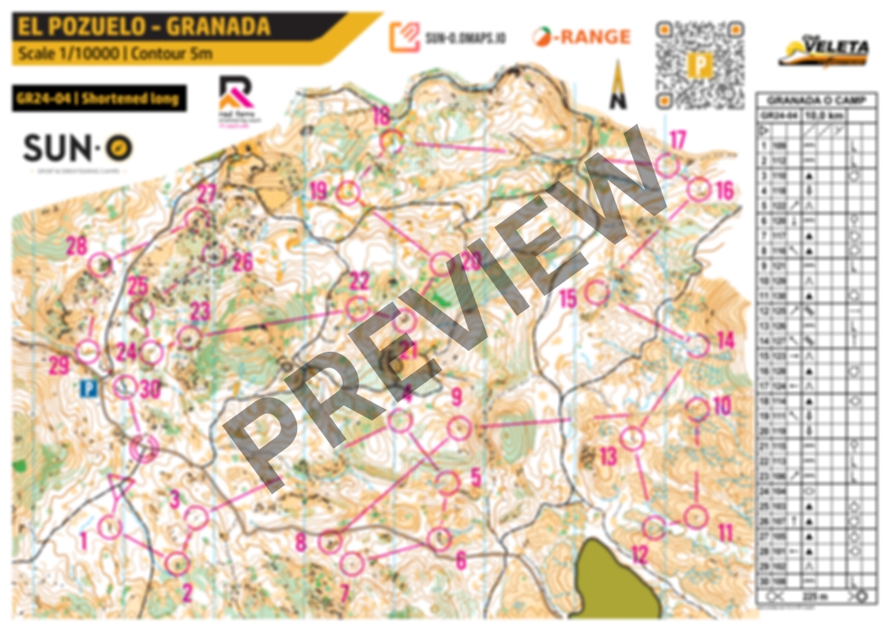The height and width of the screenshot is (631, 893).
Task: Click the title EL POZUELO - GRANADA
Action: tap(141, 26)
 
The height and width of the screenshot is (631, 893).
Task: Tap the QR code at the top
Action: tap(699, 65)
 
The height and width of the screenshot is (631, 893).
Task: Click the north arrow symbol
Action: tap(619, 85)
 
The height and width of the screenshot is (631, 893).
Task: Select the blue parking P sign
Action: tap(88, 389)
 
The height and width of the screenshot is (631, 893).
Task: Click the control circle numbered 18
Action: tap(391, 141)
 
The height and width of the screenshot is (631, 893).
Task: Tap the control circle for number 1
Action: tap(109, 528)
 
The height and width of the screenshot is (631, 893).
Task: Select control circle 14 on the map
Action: tap(698, 345)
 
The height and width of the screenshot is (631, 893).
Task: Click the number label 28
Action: tap(77, 247)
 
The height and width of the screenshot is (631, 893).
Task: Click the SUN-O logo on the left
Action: tap(77, 148)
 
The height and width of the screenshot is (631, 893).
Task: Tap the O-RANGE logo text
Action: tap(582, 37)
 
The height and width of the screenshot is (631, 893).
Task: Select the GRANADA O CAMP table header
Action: tap(822, 98)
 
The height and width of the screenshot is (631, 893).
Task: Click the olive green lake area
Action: tap(619, 581)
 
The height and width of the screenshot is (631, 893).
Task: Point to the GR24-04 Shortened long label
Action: tap(98, 98)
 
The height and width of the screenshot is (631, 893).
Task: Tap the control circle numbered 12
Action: tap(655, 528)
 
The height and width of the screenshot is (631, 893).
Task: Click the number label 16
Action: tap(725, 191)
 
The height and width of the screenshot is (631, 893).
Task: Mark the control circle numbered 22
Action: tap(359, 307)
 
